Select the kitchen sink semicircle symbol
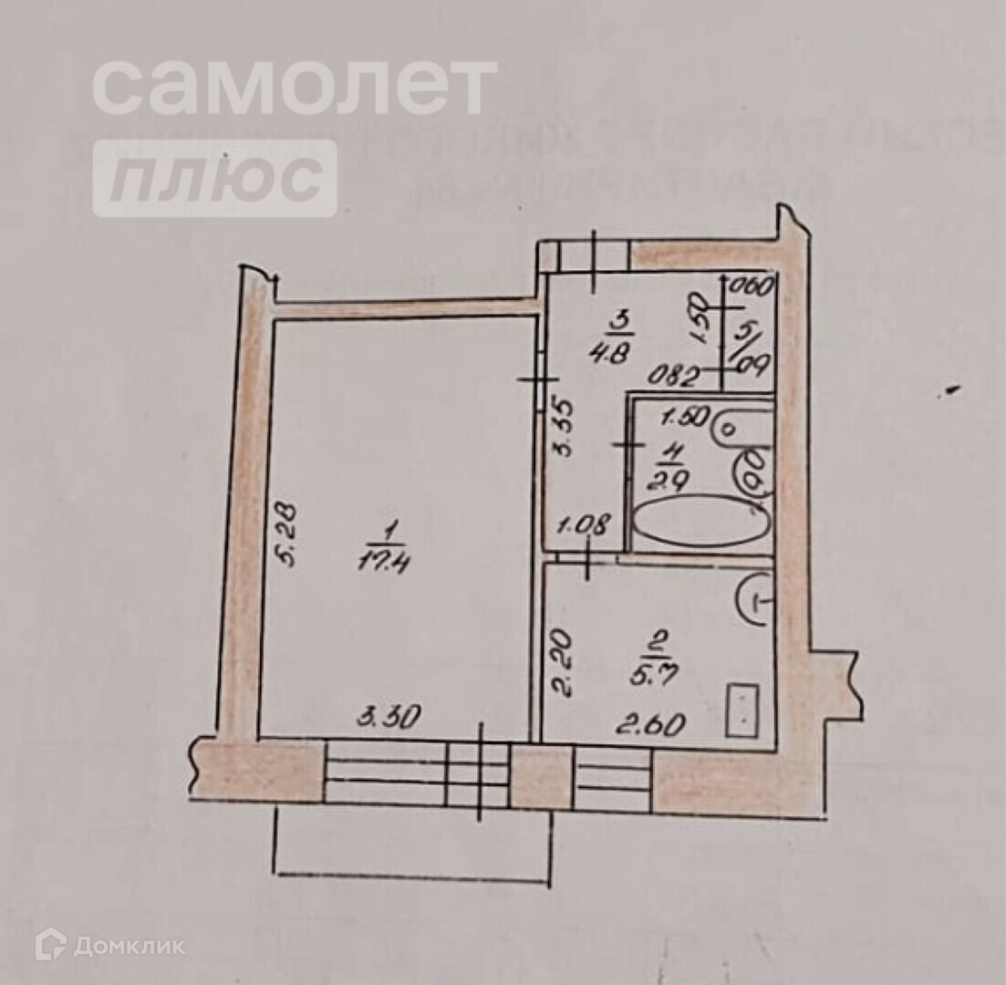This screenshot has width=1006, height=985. (756, 599)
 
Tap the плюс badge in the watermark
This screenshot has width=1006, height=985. (214, 178)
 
